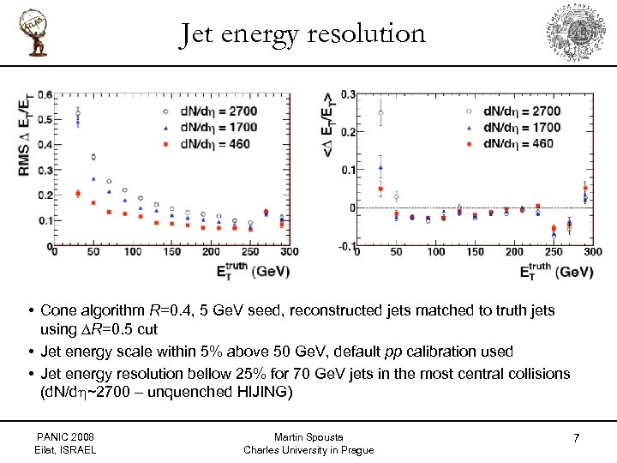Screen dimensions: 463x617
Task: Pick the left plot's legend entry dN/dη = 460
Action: coord(207,143)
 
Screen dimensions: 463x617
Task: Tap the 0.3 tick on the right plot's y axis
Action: coord(349,94)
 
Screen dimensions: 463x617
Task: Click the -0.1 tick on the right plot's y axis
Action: coord(347,247)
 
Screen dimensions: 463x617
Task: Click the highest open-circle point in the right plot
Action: coord(380,112)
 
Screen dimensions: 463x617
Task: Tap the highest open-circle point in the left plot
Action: coord(78,113)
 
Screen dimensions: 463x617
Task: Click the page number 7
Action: coord(576,438)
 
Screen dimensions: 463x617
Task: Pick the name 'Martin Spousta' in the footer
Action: coord(308,437)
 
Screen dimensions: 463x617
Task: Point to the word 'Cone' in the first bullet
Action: coord(58,310)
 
